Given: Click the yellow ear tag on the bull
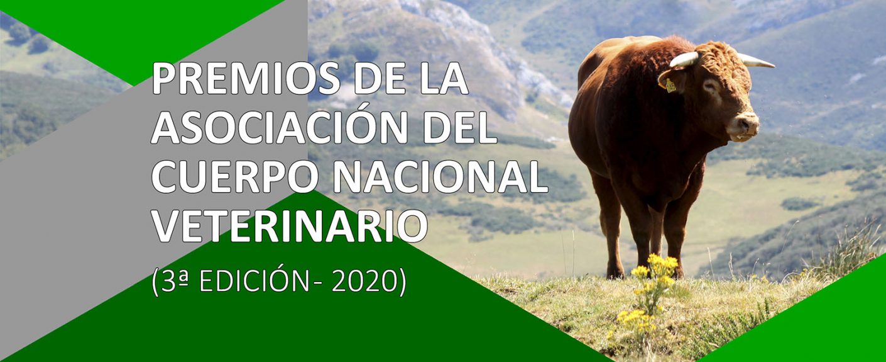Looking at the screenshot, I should coord(670,85).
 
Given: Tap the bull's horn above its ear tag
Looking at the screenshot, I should coord(684,60).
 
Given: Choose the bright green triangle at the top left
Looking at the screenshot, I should coord(145,31).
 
